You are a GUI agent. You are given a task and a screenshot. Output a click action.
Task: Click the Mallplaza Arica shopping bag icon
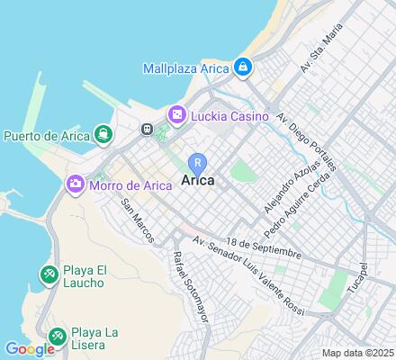click(243, 67)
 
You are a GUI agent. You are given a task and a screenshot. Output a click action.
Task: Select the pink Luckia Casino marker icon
click(176, 114)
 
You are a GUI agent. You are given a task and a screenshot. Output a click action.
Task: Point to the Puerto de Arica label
click(46, 137)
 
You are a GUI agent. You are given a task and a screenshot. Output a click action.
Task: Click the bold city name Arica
click(197, 181)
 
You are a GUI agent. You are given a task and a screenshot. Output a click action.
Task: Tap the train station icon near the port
click(147, 129)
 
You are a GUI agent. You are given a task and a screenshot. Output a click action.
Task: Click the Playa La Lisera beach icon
click(56, 336)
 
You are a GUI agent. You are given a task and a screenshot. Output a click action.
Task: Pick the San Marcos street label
click(139, 219)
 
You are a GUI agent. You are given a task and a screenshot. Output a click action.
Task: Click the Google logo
click(29, 349)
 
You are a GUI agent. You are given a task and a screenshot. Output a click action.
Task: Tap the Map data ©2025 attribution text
click(357, 353)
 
